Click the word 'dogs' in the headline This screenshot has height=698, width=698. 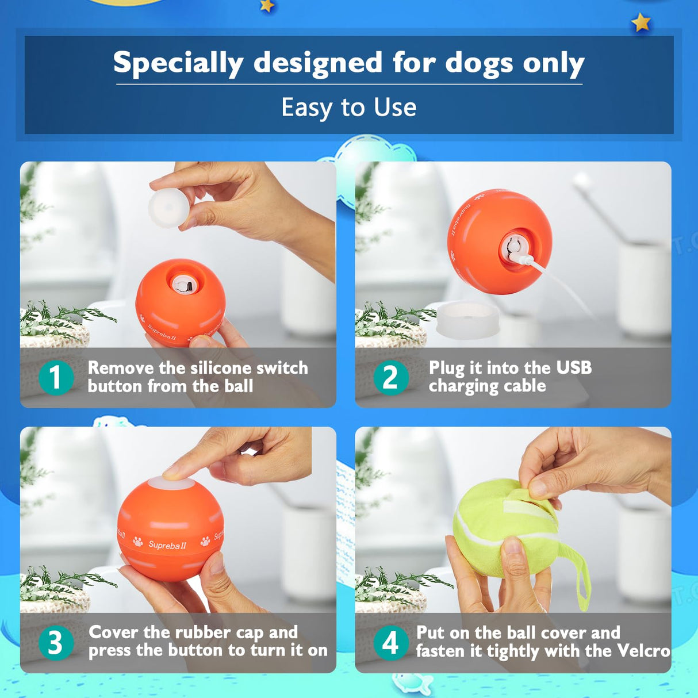click(480, 63)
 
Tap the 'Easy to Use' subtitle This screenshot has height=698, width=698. click(348, 108)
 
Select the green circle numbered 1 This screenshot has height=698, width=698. click(56, 378)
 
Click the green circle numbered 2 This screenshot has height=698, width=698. click(390, 378)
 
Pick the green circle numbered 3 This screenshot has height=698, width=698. click(56, 643)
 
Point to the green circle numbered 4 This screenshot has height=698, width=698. click(390, 643)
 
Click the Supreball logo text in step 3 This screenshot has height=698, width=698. click(167, 544)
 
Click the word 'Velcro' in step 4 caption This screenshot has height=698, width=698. click(643, 650)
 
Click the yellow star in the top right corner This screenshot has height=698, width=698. click(641, 23)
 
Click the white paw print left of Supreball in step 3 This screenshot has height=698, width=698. click(138, 542)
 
